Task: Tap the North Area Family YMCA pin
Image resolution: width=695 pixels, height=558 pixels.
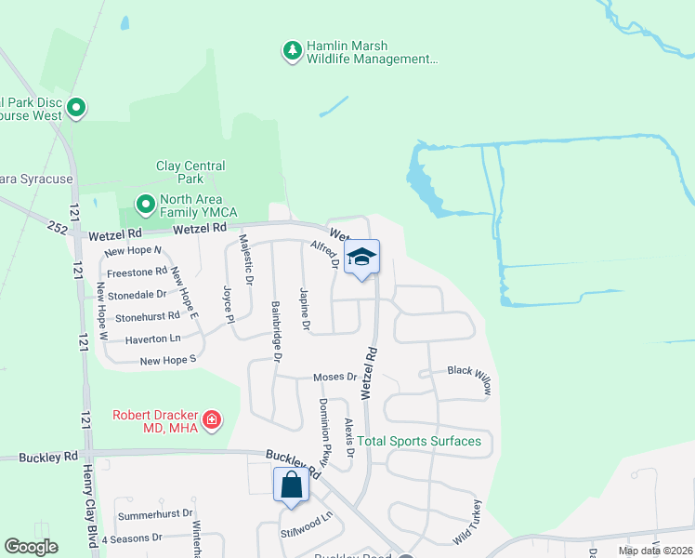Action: [x=145, y=203]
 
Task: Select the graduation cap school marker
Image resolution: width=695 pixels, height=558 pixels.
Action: [x=361, y=258]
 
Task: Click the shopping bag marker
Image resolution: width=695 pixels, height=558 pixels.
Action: [x=291, y=485]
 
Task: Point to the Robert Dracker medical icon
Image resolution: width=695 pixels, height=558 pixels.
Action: [x=212, y=420]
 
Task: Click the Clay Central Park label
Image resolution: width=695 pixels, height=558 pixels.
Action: [x=190, y=172]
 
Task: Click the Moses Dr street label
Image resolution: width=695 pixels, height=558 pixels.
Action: [x=335, y=377]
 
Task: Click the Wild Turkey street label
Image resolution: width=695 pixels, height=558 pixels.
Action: [x=468, y=523]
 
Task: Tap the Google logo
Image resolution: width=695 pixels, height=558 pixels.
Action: [x=31, y=547]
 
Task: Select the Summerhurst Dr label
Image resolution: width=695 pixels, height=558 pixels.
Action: [x=154, y=513]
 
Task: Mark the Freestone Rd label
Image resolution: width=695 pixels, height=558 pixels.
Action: [x=137, y=273]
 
